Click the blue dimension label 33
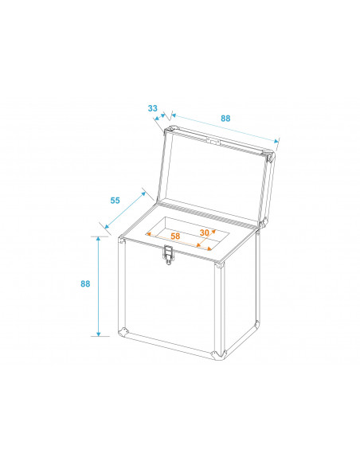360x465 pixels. [152, 108]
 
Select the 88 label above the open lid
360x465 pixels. [225, 119]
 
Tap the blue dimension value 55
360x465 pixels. [115, 201]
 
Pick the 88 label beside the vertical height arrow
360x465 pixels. [85, 283]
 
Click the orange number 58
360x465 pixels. [175, 236]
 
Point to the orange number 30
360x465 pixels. [204, 232]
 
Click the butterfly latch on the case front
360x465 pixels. [168, 255]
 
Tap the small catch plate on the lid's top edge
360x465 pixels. [213, 141]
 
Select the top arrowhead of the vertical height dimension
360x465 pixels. [99, 240]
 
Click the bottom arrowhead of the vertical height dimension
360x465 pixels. [99, 334]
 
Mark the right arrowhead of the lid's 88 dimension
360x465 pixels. [276, 141]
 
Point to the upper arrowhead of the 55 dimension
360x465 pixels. [143, 194]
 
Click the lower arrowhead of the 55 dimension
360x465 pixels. [107, 226]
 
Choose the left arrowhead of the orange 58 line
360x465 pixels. [150, 234]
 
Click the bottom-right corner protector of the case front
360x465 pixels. [218, 354]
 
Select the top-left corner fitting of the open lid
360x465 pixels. [170, 129]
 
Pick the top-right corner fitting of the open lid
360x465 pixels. [269, 156]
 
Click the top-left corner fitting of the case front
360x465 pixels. [122, 240]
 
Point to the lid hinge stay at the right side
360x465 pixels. [263, 222]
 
